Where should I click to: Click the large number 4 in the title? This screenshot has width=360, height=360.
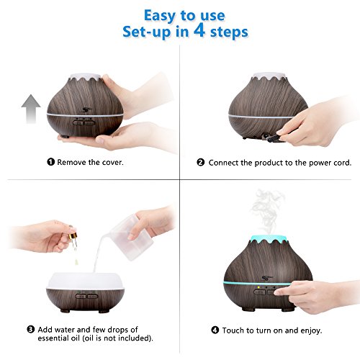click(199, 30)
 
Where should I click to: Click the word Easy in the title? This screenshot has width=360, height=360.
click(160, 16)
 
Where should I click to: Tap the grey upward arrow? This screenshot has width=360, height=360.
click(31, 109)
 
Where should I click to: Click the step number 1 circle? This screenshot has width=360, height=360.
click(50, 162)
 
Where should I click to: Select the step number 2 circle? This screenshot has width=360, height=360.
click(200, 163)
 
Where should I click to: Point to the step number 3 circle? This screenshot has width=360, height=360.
click(30, 329)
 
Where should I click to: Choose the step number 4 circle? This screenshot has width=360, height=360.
click(215, 330)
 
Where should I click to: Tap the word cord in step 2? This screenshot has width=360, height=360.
click(342, 163)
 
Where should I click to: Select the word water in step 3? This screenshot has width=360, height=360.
click(65, 330)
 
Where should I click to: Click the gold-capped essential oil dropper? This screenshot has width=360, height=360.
click(73, 238)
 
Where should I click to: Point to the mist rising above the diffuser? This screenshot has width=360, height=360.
click(267, 211)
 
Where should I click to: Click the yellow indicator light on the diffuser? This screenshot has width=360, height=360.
click(258, 287)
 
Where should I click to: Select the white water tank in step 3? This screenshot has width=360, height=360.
click(85, 282)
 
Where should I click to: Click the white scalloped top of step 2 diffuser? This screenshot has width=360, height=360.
click(269, 76)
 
